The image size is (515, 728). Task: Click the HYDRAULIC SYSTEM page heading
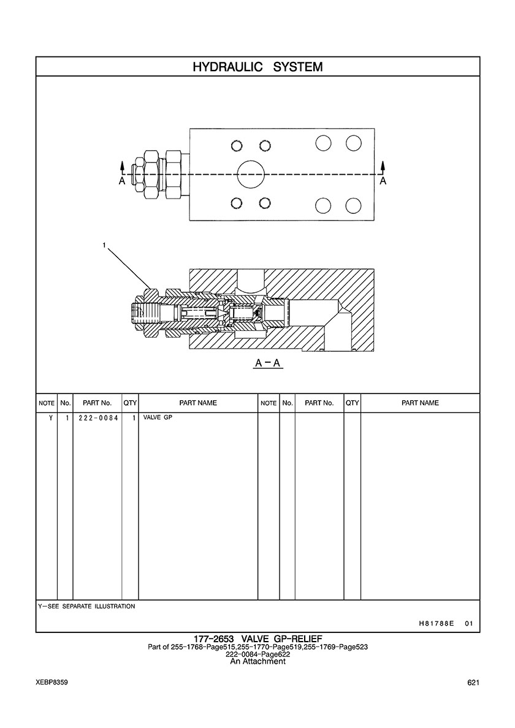(x=257, y=66)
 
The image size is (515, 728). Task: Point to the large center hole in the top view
(x=251, y=175)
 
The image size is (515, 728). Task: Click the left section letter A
(x=122, y=181)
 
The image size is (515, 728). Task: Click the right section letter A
(x=383, y=181)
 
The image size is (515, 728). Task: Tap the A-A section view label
(x=268, y=363)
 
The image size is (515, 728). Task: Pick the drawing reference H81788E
(x=436, y=624)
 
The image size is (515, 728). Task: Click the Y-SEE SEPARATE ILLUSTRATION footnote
(x=86, y=606)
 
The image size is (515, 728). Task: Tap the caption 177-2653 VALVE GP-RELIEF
(x=257, y=639)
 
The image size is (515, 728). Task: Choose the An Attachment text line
(x=257, y=661)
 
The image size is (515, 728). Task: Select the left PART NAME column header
(x=198, y=403)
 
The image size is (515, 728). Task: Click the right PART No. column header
(x=319, y=403)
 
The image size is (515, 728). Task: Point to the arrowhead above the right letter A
(x=383, y=165)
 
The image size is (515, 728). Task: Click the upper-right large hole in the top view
(x=353, y=143)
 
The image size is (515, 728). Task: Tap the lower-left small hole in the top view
(x=237, y=203)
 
